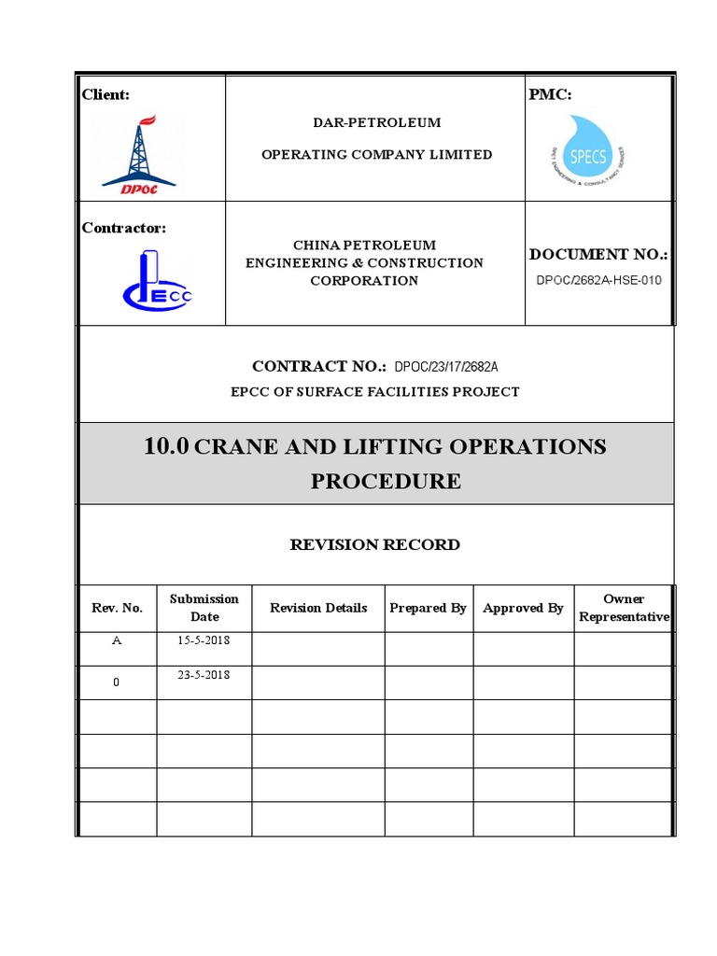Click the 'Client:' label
point(105,94)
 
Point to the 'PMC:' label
point(550,94)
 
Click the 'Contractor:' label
point(124,228)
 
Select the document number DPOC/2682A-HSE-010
point(599,280)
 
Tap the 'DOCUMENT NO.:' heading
point(598,254)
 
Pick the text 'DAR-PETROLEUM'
point(376,122)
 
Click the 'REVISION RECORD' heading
point(375,544)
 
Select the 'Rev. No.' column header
point(117,608)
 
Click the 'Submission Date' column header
point(204,608)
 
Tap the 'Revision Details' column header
point(318,608)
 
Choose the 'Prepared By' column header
point(428,608)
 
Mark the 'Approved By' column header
point(523,608)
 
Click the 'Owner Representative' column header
point(624,608)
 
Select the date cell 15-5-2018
point(204,641)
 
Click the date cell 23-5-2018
point(204,675)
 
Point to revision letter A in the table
point(116,641)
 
